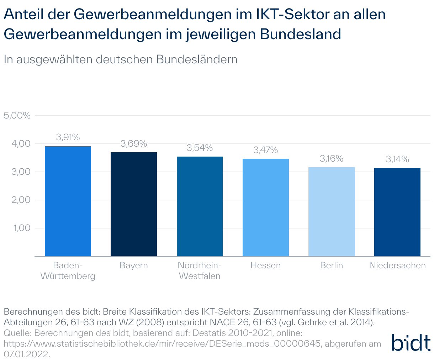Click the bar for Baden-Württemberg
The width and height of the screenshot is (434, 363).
pyautogui.click(x=68, y=201)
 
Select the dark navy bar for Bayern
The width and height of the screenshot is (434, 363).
pyautogui.click(x=134, y=204)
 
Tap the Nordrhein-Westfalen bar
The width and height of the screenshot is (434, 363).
pyautogui.click(x=200, y=206)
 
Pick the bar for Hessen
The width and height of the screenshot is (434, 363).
pyautogui.click(x=266, y=207)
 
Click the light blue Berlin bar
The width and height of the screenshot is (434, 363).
pyautogui.click(x=332, y=211)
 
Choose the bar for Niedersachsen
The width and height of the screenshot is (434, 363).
pyautogui.click(x=397, y=212)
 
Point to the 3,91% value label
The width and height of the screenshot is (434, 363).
pyautogui.click(x=68, y=137)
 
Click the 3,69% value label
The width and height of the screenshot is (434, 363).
pyautogui.click(x=134, y=143)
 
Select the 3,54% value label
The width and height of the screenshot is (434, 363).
pyautogui.click(x=200, y=148)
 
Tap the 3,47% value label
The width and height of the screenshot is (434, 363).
pyautogui.click(x=266, y=150)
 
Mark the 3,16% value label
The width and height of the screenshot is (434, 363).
pyautogui.click(x=332, y=158)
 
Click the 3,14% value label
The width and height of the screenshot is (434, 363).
pyautogui.click(x=397, y=159)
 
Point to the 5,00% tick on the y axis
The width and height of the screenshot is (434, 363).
pyautogui.click(x=17, y=116)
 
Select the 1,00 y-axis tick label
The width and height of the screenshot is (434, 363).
pyautogui.click(x=22, y=228)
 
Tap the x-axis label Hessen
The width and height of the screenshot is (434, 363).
pyautogui.click(x=266, y=265)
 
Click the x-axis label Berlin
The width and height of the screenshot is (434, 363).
pyautogui.click(x=332, y=265)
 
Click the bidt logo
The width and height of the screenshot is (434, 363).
pyautogui.click(x=411, y=342)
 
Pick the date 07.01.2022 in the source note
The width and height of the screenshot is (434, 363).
pyautogui.click(x=27, y=354)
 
